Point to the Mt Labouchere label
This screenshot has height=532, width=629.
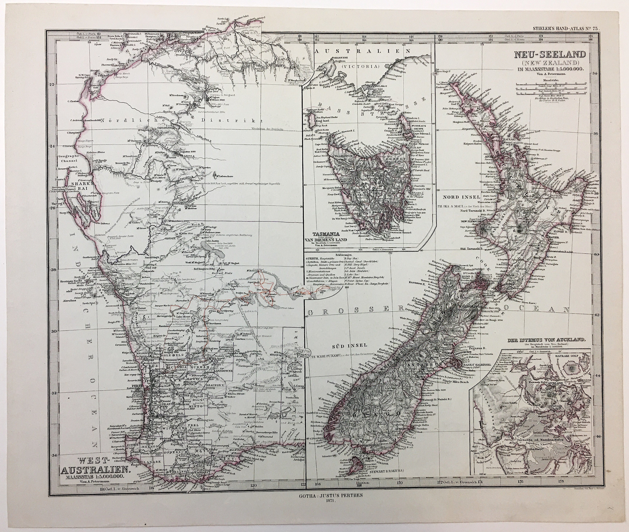point(226,175)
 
